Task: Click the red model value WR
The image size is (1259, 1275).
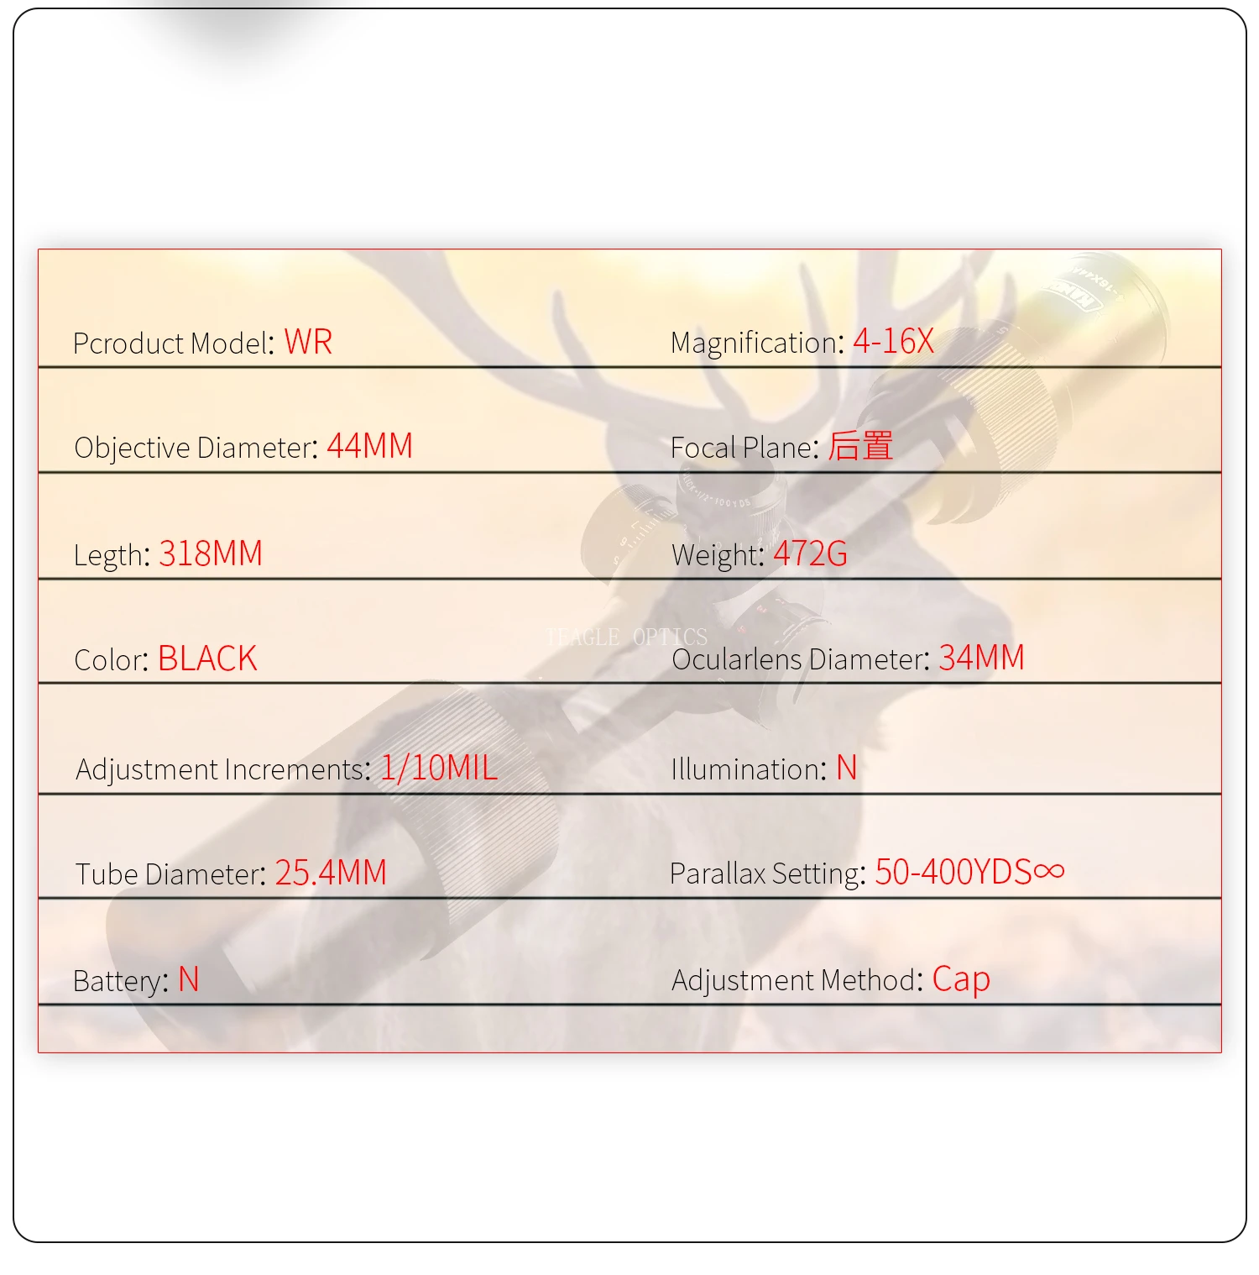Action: (x=308, y=342)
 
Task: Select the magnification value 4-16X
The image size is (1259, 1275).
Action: (x=893, y=341)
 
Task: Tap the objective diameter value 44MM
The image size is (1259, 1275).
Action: (x=369, y=446)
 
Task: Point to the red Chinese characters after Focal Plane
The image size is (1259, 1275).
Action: (x=860, y=446)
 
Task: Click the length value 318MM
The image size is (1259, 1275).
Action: (x=211, y=554)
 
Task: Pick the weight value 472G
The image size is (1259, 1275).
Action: (x=810, y=554)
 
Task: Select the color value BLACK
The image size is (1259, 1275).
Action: (x=207, y=658)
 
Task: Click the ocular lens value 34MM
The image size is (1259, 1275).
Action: (x=981, y=658)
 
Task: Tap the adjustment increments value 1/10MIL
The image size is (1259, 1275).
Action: (x=439, y=768)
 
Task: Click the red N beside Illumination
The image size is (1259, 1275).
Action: (x=846, y=768)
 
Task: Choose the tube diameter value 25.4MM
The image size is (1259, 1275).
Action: (x=331, y=873)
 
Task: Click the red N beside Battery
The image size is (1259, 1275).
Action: (x=188, y=979)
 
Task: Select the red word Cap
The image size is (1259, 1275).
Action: (x=961, y=979)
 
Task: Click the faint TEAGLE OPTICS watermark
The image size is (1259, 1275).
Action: (x=626, y=637)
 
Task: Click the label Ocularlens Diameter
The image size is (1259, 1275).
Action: (x=800, y=659)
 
